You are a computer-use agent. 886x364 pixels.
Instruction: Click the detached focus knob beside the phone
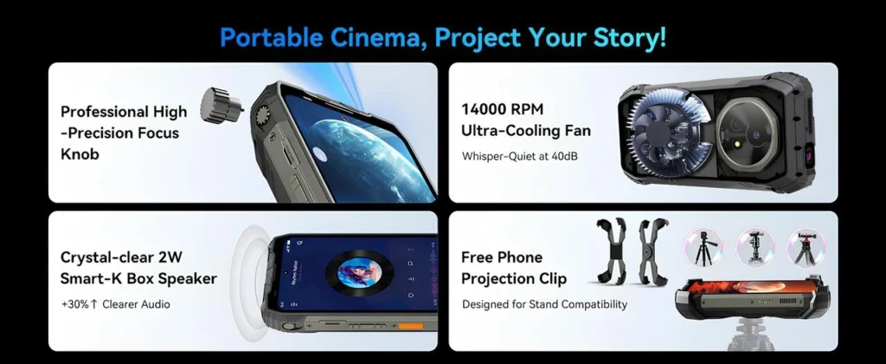click(221, 103)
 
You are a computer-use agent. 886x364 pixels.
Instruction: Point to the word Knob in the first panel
click(80, 154)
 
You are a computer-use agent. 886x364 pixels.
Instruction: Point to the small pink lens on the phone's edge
click(809, 153)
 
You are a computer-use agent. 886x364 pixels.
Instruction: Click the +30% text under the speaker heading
click(74, 304)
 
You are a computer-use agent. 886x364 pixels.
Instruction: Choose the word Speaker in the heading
click(187, 278)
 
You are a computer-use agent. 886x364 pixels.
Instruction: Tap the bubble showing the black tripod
click(703, 247)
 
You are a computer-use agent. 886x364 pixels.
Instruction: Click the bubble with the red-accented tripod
click(806, 247)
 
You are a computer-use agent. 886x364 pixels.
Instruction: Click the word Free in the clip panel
click(478, 257)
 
